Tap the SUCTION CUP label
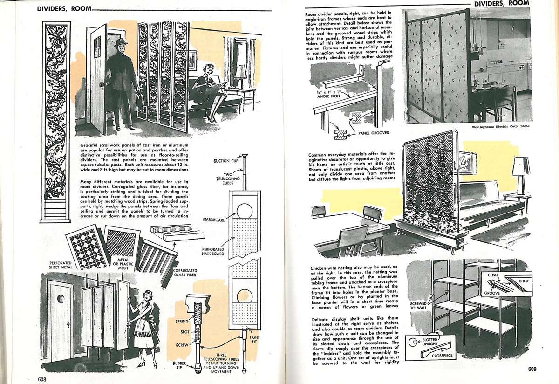pyautogui.click(x=226, y=161)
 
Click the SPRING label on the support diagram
pyautogui.click(x=182, y=322)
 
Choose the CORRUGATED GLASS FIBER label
pyautogui.click(x=185, y=273)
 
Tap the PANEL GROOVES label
pyautogui.click(x=373, y=133)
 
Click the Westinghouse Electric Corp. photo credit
pyautogui.click(x=500, y=126)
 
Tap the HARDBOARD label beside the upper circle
pyautogui.click(x=215, y=219)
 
